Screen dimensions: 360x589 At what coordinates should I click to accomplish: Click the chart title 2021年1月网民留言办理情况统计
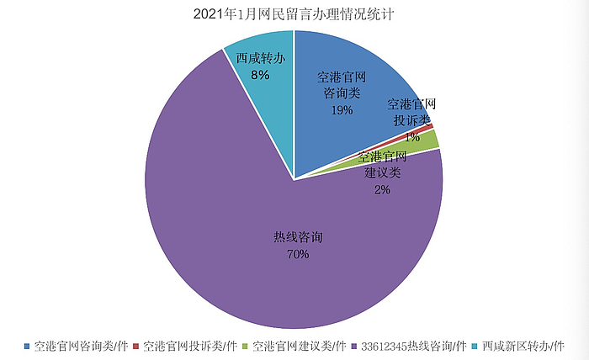[x=294, y=14]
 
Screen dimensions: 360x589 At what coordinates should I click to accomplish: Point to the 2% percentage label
[x=382, y=189]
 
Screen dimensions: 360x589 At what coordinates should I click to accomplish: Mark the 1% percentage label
[x=412, y=135]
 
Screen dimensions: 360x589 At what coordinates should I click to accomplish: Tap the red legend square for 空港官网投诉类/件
[x=136, y=346]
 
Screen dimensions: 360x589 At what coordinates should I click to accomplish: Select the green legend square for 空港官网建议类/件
[x=246, y=346]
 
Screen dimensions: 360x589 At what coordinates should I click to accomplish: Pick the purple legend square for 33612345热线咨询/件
[x=354, y=346]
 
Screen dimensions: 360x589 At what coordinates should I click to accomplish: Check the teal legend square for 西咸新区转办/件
[x=475, y=346]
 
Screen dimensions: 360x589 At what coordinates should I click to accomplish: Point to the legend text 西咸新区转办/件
[x=522, y=346]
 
